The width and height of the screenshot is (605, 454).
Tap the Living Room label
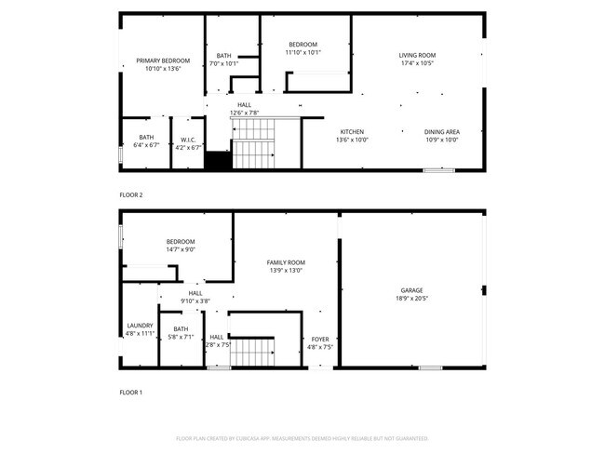pyautogui.click(x=417, y=56)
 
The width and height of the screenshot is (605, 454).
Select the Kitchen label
pyautogui.click(x=352, y=131)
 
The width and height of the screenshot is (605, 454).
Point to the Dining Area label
pyautogui.click(x=442, y=131)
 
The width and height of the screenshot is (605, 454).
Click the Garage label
pyautogui.click(x=411, y=290)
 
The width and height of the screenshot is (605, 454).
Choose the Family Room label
pyautogui.click(x=286, y=262)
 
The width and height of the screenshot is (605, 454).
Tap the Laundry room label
pyautogui.click(x=140, y=326)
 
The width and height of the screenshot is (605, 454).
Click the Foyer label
pyautogui.click(x=320, y=340)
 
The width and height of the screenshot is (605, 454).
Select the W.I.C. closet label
pyautogui.click(x=188, y=139)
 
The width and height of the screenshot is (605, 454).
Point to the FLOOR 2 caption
pyautogui.click(x=131, y=195)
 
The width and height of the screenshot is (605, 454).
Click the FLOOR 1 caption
pyautogui.click(x=131, y=393)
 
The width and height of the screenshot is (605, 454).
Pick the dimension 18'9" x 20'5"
pyautogui.click(x=411, y=299)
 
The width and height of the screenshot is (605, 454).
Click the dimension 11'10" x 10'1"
pyautogui.click(x=302, y=52)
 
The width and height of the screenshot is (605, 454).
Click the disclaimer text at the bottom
pyautogui.click(x=302, y=437)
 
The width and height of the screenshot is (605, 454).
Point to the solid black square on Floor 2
pyautogui.click(x=218, y=161)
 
